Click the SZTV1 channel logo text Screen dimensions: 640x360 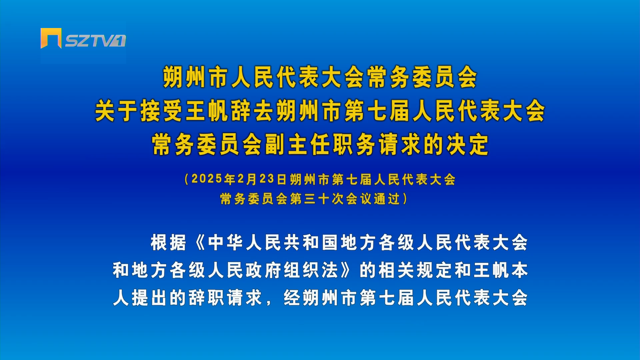click(95, 41)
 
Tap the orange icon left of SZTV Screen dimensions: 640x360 click(51, 38)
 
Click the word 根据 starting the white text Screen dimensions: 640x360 click(168, 242)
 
